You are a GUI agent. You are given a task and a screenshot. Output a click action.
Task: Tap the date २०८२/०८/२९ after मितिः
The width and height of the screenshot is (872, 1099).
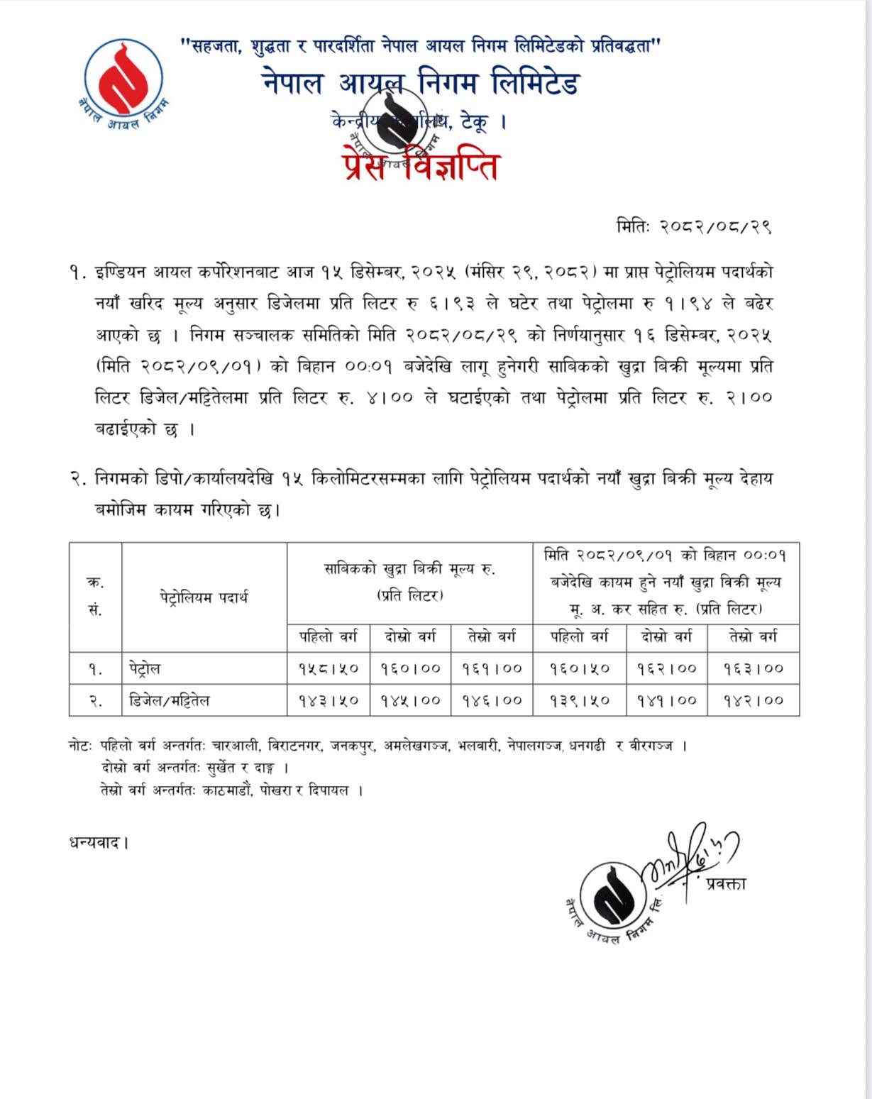[715, 226]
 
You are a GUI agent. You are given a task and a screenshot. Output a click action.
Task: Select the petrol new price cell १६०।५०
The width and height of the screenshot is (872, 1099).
[580, 668]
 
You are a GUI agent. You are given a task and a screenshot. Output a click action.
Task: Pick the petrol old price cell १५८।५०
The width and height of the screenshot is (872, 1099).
[329, 668]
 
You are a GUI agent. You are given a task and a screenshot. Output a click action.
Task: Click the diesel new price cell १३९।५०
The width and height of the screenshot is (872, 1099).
[580, 700]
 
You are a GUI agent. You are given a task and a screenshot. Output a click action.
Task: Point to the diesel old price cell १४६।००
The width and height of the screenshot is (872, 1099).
[492, 700]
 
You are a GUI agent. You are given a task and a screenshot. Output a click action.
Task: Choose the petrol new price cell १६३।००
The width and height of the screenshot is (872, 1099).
[754, 668]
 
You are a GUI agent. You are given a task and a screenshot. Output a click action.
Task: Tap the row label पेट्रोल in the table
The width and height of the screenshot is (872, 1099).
[145, 668]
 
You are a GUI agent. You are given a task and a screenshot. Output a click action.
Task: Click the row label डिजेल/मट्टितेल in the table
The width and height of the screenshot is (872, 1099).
[170, 700]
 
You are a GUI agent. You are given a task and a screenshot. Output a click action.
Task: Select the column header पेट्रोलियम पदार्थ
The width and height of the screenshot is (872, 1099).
[204, 597]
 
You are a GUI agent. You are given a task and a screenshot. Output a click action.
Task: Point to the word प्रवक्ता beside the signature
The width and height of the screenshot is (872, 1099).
[726, 883]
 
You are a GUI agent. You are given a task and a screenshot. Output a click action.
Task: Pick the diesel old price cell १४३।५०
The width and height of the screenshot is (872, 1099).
[329, 700]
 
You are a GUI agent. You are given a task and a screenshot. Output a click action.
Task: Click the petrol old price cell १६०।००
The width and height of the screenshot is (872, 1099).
[410, 668]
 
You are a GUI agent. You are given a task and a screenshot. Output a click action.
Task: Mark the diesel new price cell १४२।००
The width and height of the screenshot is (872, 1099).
[754, 700]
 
